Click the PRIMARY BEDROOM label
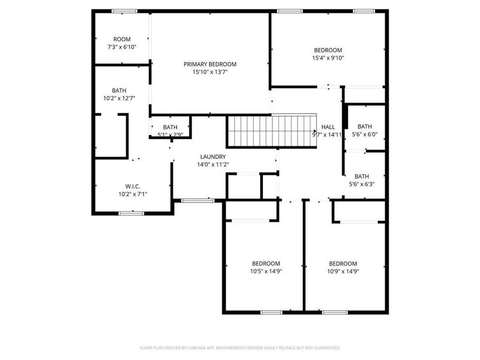point(210,64)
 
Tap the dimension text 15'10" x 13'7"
point(210,72)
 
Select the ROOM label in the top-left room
point(122,39)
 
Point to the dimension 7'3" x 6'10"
point(122,47)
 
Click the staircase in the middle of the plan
point(272,131)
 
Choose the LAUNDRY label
point(213,157)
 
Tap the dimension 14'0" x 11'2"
point(213,165)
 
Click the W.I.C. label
point(132,186)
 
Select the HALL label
point(328,127)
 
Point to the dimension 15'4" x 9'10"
point(328,58)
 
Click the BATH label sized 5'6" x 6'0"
point(365,126)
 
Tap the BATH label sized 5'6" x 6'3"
point(362,177)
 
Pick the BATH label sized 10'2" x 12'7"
point(119,91)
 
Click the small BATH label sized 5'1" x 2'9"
point(170,127)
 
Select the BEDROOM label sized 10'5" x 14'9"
point(266,263)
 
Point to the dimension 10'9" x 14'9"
point(342,271)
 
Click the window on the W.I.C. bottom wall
point(131,213)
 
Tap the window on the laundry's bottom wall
point(198,201)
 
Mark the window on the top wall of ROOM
point(124,11)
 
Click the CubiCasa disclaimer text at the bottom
point(239,348)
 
